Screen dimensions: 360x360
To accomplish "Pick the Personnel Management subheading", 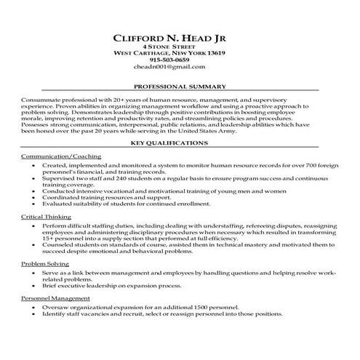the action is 56,298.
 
